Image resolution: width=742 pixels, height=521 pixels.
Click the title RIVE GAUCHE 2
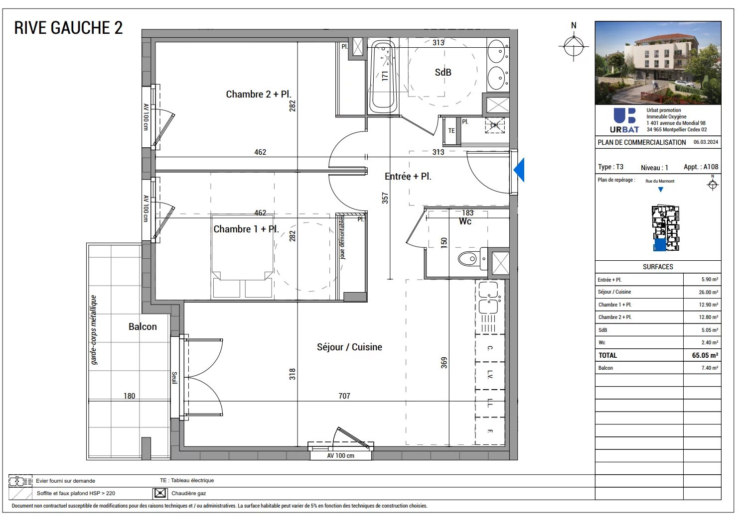coord(68,28)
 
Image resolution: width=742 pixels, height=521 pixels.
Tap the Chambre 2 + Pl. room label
coord(258,94)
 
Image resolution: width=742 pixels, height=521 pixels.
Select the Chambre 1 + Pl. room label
coord(246,229)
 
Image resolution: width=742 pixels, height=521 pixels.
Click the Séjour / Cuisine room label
coord(349,347)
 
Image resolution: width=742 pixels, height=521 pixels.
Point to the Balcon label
coord(143,326)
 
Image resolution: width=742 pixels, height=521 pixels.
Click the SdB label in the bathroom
coord(443,72)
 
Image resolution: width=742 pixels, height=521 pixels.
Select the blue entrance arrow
coord(519,170)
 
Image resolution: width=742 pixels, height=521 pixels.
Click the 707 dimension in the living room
coord(344,396)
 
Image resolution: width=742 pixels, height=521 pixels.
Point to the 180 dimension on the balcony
coord(129,396)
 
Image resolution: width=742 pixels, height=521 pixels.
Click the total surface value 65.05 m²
coord(705,355)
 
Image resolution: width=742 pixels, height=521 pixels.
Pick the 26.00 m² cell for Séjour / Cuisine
coord(708,292)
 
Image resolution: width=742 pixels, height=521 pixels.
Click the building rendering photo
coord(658,63)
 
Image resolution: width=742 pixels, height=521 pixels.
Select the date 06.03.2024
coord(706,142)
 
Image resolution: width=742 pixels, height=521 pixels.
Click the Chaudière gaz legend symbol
coord(159,493)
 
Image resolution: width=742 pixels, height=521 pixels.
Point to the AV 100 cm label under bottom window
coord(340,455)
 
